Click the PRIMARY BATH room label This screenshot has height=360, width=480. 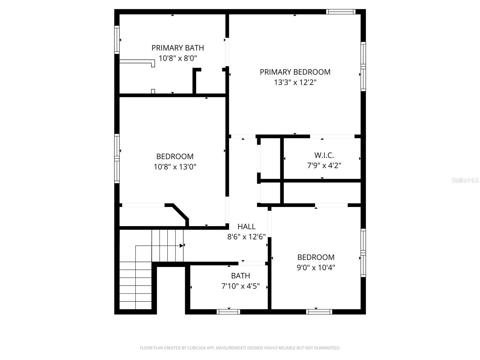point(178,48)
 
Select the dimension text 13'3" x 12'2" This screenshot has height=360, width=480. point(295,82)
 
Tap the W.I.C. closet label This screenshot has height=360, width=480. point(324,155)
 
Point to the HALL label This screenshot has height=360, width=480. point(246,226)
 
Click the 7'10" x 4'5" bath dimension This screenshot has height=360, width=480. point(240,286)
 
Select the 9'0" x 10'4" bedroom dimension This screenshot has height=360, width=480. point(316,267)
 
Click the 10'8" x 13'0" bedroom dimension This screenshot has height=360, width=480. point(175,167)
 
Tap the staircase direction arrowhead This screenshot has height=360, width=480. point(181,245)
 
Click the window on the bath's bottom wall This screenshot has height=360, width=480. point(228,312)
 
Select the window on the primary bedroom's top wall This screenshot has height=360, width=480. point(340,12)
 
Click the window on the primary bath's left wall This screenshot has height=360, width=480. point(117,40)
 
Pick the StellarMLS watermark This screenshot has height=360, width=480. point(465,180)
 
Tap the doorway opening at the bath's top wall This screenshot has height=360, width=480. point(252,263)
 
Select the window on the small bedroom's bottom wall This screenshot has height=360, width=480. point(319,312)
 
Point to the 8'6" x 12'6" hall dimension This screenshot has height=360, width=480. point(246,237)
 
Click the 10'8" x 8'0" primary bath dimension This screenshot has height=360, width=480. point(178,58)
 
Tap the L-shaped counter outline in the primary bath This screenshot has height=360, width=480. point(137,62)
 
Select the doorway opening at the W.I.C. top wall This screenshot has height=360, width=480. point(332,136)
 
